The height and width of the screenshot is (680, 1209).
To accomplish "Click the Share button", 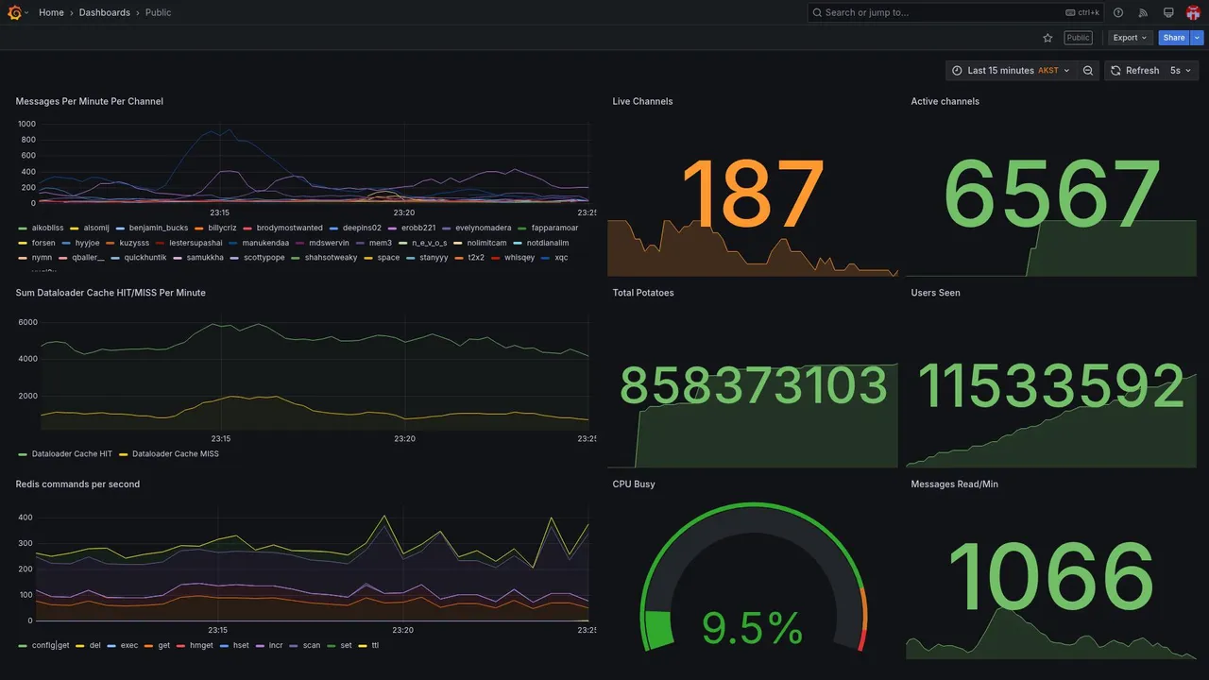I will click(1174, 38).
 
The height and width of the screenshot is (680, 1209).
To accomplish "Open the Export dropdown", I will click(1130, 38).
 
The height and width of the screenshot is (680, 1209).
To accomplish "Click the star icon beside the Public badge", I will click(1047, 38).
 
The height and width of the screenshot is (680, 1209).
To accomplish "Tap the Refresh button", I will click(1134, 71).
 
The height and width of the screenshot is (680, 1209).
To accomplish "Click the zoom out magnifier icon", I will click(1088, 71).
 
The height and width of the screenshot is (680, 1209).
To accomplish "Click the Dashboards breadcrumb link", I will click(105, 12).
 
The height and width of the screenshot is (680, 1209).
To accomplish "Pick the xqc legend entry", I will click(561, 258).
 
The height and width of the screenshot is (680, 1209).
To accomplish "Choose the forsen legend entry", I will click(43, 243).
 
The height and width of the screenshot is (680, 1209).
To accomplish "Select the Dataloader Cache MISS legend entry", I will click(175, 454).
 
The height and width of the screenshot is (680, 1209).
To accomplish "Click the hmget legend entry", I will click(200, 646).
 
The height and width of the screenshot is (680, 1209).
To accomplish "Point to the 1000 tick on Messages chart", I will click(26, 124).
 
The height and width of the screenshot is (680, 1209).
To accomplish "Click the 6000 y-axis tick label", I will click(28, 322).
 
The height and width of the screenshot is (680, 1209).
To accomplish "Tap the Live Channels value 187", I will click(753, 195).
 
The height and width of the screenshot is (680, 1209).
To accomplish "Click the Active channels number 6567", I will click(1051, 195).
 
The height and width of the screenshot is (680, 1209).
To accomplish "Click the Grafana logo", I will click(14, 12).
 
